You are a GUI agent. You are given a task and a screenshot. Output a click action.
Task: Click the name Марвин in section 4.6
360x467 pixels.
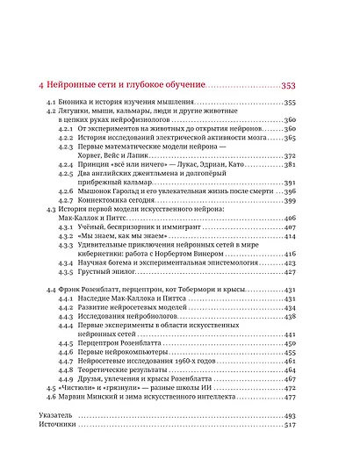pos(76,422)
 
